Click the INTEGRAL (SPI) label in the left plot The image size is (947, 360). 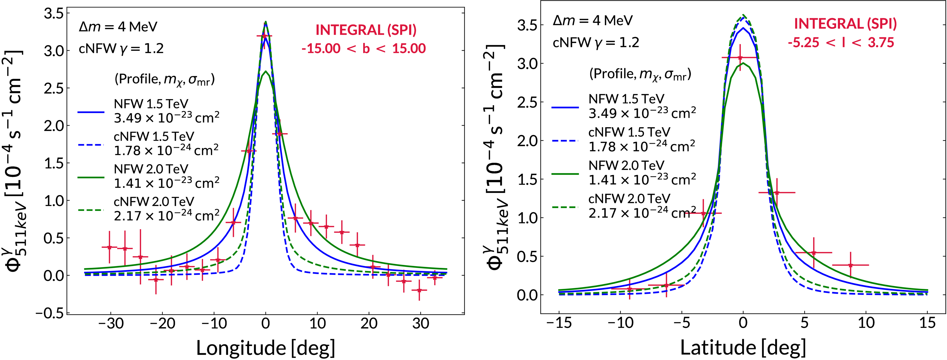tap(366, 30)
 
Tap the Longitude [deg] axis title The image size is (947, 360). tap(265, 348)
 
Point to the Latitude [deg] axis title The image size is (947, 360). tap(743, 348)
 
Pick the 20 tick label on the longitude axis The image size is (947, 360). tap(369, 324)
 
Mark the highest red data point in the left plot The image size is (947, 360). tap(264, 36)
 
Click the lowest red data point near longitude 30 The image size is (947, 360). tap(419, 290)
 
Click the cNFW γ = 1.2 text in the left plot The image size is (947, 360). tap(121, 49)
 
